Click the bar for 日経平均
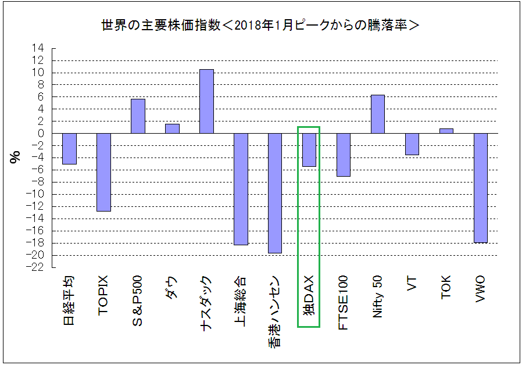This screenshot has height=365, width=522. (69, 148)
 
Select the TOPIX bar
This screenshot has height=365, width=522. (103, 172)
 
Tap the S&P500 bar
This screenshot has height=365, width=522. (138, 116)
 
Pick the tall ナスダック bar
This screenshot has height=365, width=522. (206, 101)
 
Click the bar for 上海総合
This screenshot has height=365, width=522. (241, 189)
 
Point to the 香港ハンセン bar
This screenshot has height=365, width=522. (275, 193)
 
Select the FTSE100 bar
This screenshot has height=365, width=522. (344, 155)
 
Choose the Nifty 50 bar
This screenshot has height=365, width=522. (378, 114)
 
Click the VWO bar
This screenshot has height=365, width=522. (481, 188)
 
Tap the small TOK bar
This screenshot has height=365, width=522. (446, 131)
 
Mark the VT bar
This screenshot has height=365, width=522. (412, 144)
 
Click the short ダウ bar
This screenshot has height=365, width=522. (172, 128)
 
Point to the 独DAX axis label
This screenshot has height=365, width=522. (309, 295)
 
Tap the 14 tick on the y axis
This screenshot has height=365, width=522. (39, 48)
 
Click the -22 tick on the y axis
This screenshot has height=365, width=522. (37, 267)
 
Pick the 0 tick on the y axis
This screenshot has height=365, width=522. (41, 133)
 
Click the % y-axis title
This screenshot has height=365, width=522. (16, 158)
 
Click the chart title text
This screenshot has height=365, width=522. (260, 26)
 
